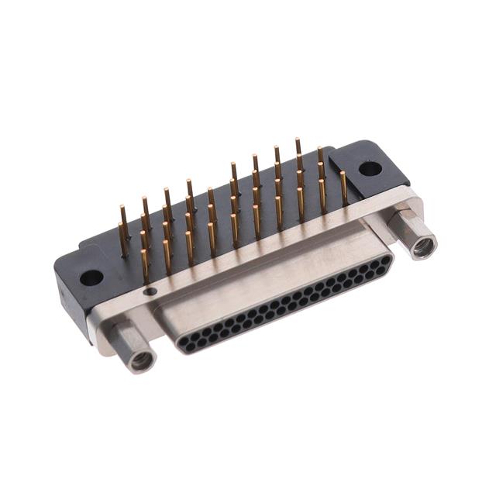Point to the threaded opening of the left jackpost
142,360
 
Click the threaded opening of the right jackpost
423,248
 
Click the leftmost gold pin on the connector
122,228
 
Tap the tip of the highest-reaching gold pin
297,141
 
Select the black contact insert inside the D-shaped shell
287,306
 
